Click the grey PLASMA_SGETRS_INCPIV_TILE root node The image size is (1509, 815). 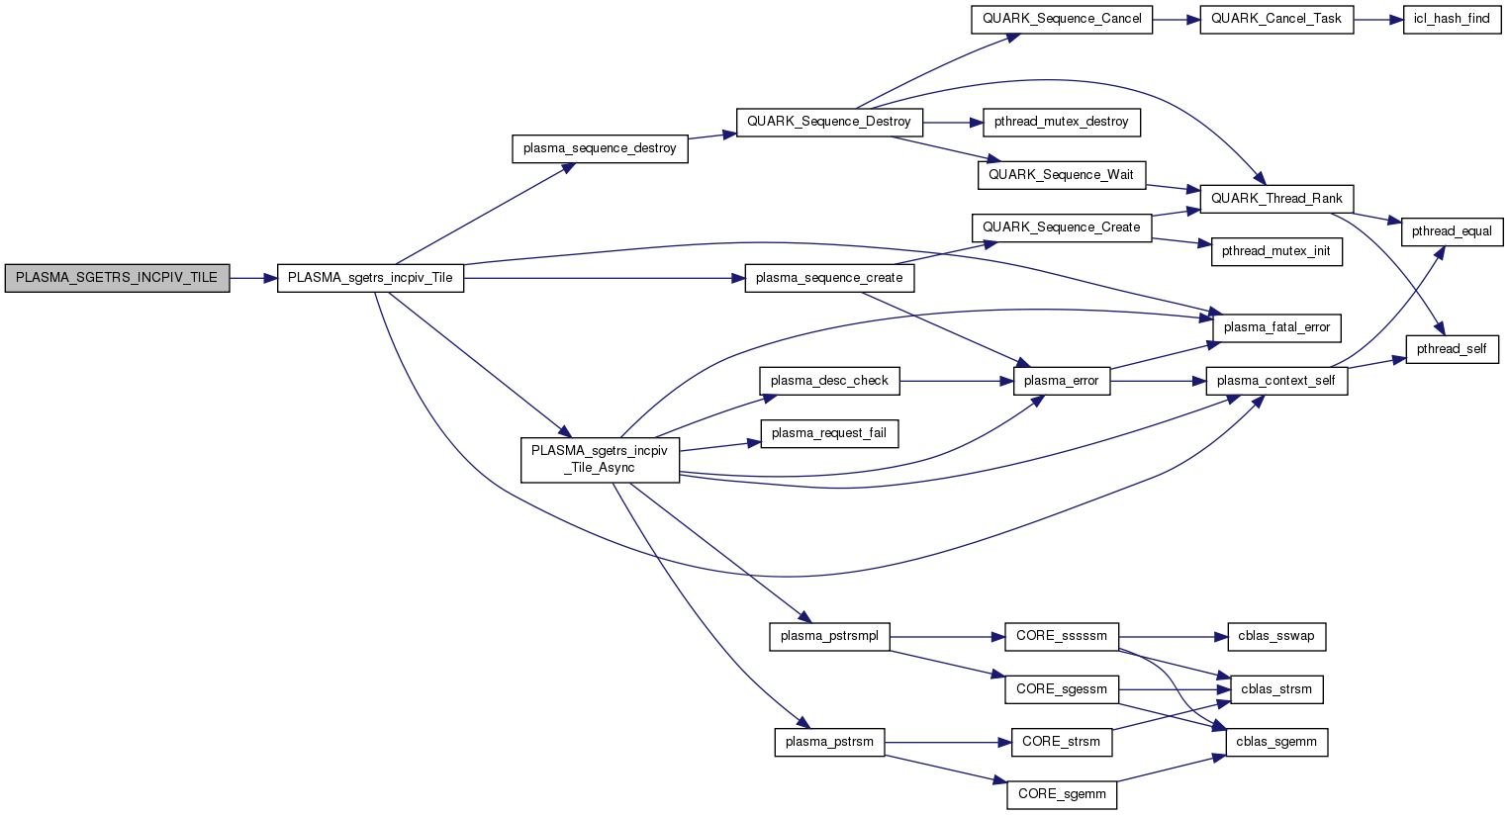117,278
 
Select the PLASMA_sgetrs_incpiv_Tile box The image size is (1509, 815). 370,278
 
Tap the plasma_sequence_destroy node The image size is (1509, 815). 600,148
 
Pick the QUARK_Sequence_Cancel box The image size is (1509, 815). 1061,19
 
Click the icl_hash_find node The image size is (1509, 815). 1452,19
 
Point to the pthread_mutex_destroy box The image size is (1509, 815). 1061,122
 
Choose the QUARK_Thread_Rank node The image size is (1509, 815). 1276,198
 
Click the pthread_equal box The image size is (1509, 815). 1452,231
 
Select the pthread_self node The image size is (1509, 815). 1452,349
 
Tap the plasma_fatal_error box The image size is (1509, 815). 1276,327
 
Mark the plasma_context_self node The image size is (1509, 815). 1275,381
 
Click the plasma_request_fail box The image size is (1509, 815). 828,433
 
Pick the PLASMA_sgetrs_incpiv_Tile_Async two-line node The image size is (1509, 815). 600,459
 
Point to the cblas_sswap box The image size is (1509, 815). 1275,636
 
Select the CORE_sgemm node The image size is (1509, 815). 1062,793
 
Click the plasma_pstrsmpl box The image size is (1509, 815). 829,636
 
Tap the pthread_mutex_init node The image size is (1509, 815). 1275,251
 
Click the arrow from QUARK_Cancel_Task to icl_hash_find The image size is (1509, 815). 1378,19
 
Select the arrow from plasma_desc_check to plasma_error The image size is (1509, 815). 956,381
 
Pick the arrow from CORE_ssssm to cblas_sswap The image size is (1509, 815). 1173,636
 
